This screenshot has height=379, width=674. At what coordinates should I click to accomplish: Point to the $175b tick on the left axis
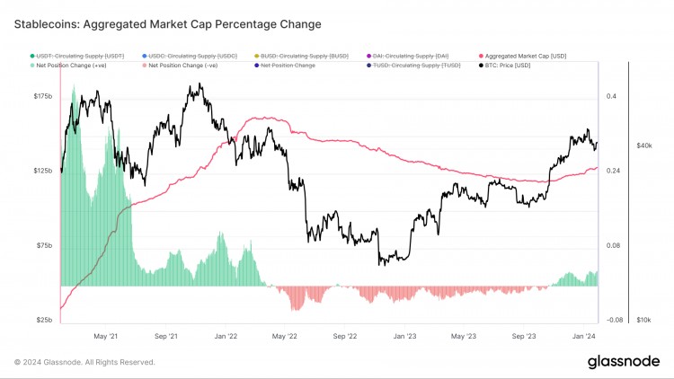click(x=43, y=96)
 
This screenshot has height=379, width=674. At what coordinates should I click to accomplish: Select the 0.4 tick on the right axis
click(x=611, y=96)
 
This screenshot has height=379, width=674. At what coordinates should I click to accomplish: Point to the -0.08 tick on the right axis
click(x=613, y=320)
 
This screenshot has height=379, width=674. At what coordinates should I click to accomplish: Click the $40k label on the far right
click(x=643, y=145)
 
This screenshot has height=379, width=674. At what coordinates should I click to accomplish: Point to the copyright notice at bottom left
click(x=84, y=362)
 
